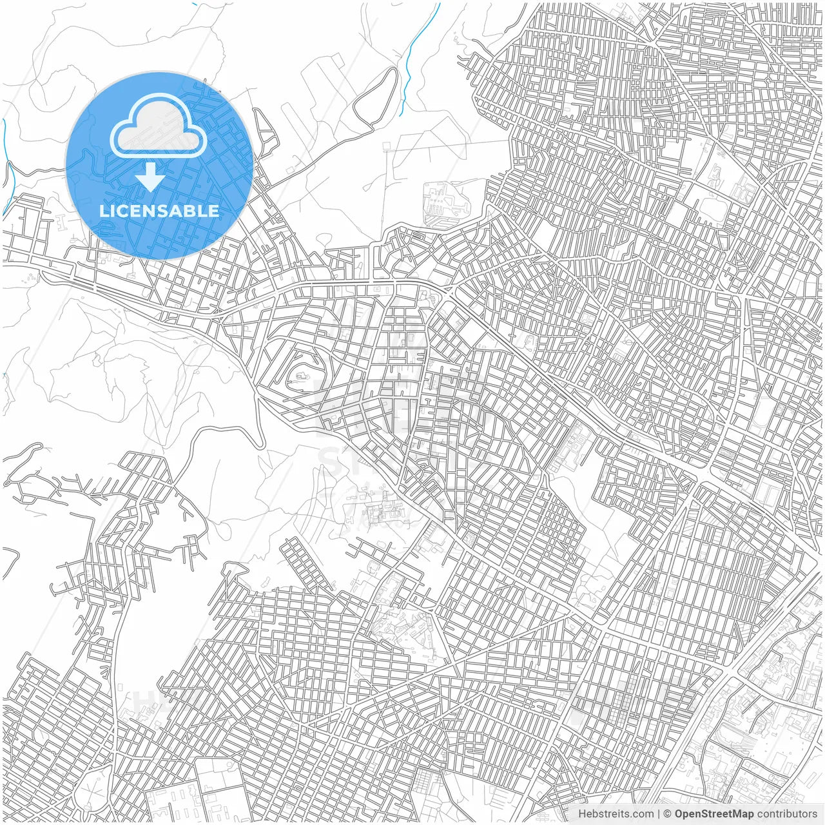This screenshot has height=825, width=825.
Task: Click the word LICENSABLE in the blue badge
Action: (x=159, y=211)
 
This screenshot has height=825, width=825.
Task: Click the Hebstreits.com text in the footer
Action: (x=616, y=814)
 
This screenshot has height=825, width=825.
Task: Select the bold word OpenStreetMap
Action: (x=713, y=814)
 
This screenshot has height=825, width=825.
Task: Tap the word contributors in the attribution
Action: (x=786, y=814)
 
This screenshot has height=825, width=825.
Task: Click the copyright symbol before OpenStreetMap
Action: (x=668, y=814)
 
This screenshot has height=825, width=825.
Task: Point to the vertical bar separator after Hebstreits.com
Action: (x=659, y=814)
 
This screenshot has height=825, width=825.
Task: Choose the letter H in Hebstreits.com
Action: (x=582, y=814)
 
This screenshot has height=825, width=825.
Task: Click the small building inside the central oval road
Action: (x=300, y=373)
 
